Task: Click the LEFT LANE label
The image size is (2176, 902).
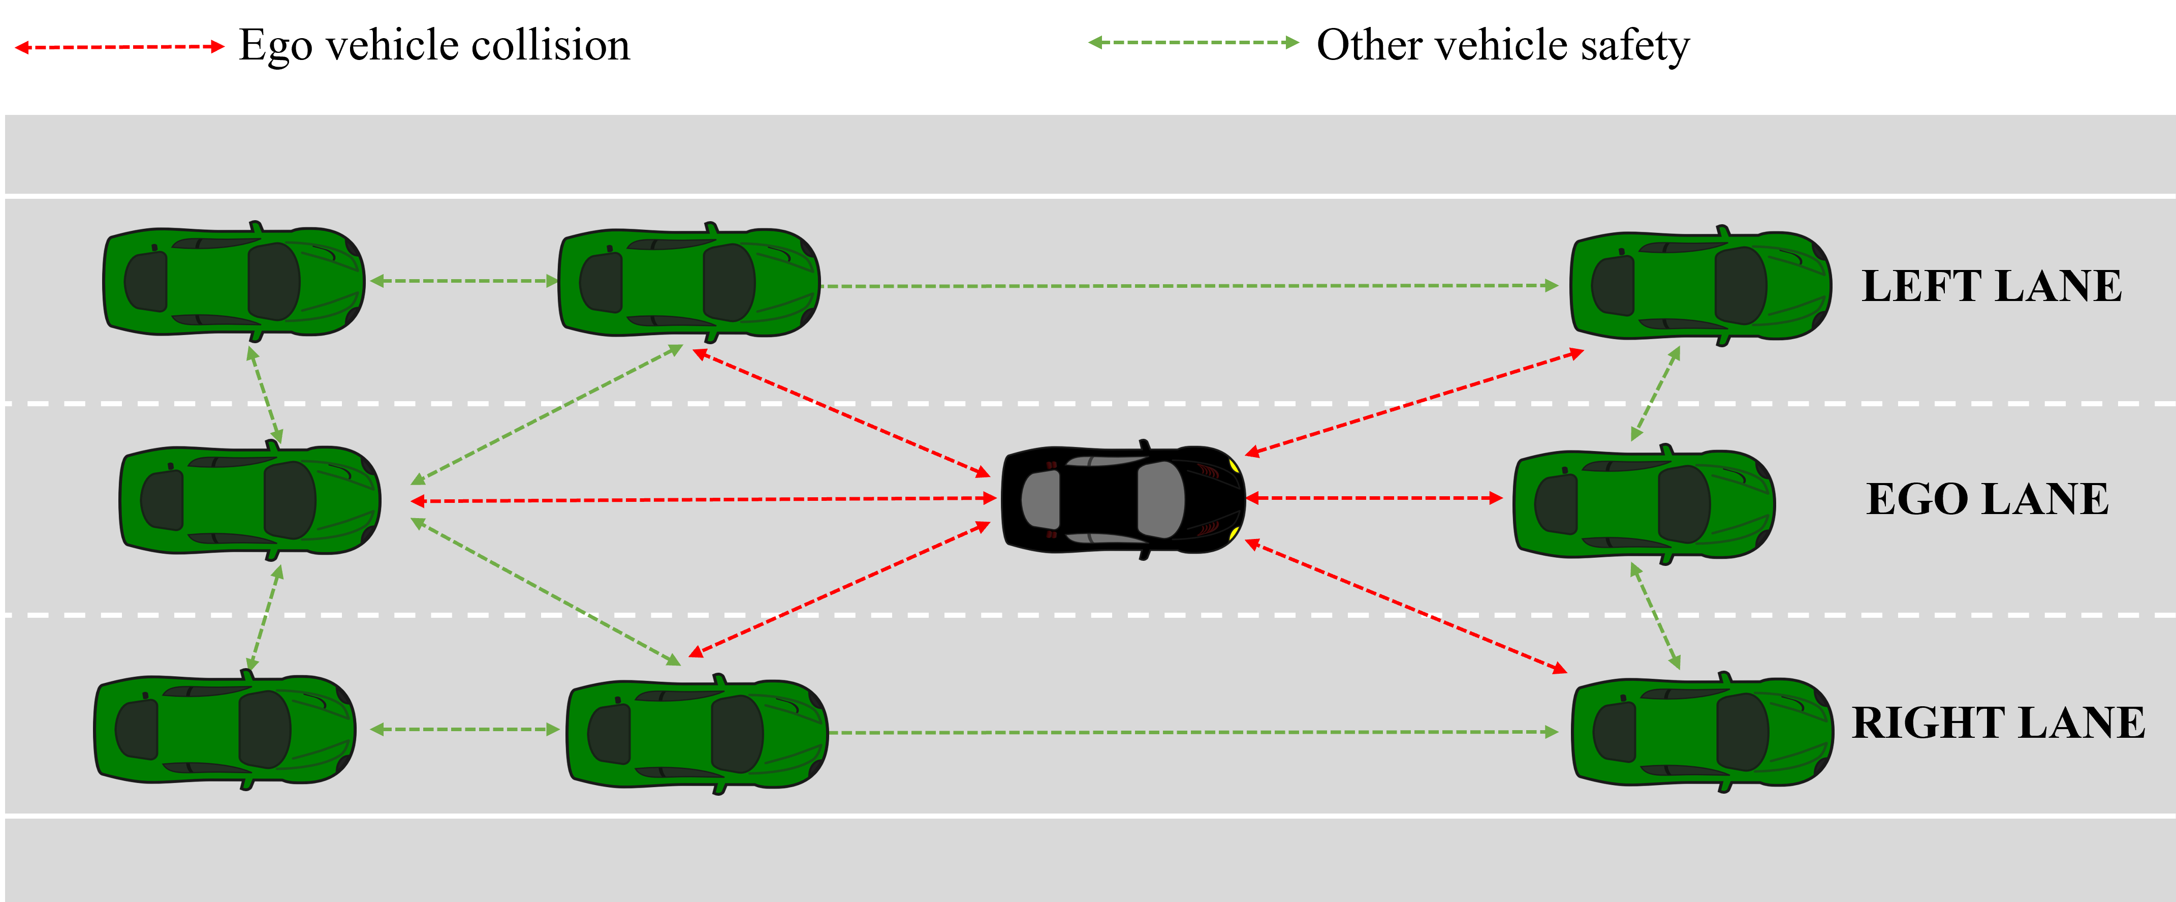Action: pyautogui.click(x=1991, y=286)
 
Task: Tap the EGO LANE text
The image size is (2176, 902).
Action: pyautogui.click(x=1987, y=499)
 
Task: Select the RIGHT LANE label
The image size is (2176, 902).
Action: pyautogui.click(x=1998, y=723)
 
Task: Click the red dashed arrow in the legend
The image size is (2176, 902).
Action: pyautogui.click(x=119, y=46)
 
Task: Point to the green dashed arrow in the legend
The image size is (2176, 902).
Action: pyautogui.click(x=1193, y=42)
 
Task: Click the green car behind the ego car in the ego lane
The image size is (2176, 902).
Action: pyautogui.click(x=249, y=500)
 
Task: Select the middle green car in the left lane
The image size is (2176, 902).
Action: pyautogui.click(x=688, y=282)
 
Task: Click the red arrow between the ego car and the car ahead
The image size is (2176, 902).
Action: pyautogui.click(x=1373, y=498)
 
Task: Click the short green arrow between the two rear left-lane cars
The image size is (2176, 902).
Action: pyautogui.click(x=464, y=281)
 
